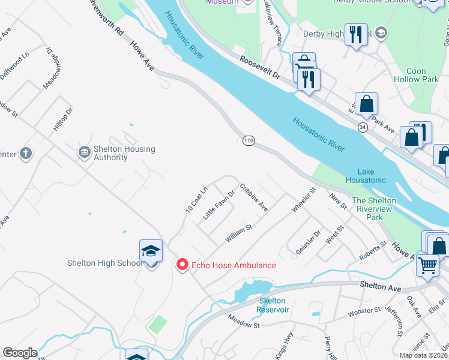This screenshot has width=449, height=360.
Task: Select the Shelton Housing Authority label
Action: [x=116, y=153]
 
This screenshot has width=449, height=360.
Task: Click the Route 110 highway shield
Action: [x=249, y=140]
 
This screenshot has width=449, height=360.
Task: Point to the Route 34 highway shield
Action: [x=362, y=127]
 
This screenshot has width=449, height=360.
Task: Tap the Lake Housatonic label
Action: [x=366, y=176]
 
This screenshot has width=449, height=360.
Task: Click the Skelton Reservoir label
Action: [x=273, y=305]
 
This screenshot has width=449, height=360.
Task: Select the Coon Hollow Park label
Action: [x=415, y=75]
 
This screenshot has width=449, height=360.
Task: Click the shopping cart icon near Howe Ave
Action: [x=427, y=265]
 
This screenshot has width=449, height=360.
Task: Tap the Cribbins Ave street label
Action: [x=253, y=197]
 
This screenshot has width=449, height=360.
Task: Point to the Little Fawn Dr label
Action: [x=218, y=205]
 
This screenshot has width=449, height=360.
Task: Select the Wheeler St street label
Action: [x=303, y=200]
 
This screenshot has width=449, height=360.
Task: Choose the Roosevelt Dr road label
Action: [x=260, y=68]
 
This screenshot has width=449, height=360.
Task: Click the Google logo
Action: [x=20, y=353]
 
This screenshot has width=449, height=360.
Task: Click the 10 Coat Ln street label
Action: [x=196, y=200]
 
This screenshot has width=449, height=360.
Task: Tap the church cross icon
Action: [x=25, y=154]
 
